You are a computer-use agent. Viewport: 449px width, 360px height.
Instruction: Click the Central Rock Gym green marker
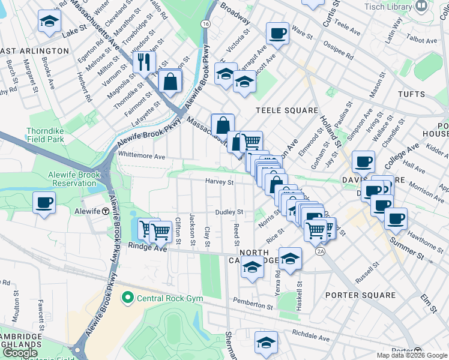point(127,297)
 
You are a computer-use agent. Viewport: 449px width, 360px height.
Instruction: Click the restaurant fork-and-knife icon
point(144,62)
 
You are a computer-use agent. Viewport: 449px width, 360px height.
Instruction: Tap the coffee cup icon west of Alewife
point(44,203)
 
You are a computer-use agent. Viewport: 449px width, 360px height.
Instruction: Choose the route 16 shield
point(206,23)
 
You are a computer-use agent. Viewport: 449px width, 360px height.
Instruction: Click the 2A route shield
point(321,251)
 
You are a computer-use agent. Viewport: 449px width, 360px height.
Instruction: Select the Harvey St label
point(220,182)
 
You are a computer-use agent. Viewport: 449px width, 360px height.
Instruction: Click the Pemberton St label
point(253,307)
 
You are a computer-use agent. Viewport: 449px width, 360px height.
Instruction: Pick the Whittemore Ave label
point(142,156)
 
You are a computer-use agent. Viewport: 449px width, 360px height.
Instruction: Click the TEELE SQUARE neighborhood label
point(286,110)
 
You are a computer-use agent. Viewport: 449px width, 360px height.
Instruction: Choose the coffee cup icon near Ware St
point(277,34)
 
